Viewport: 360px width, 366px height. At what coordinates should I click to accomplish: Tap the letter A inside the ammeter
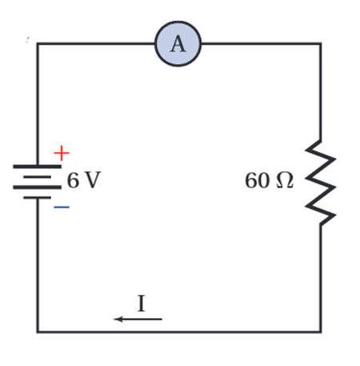coord(178,44)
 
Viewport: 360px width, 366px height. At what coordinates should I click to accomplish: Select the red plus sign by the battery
coord(62,153)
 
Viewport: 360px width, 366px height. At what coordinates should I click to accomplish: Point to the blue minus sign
coord(62,207)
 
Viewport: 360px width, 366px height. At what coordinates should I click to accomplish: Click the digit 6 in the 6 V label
coord(73,180)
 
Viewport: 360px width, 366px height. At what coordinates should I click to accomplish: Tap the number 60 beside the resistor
coord(258,180)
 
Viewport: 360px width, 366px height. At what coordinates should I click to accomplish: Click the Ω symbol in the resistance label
coord(285,180)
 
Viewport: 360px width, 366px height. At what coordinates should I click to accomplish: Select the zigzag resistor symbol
coord(321,183)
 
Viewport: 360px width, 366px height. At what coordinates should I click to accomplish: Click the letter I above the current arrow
coord(142,304)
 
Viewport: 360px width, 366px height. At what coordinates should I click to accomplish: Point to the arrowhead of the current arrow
coord(115,319)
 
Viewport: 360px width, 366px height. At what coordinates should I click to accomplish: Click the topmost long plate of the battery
coord(38,167)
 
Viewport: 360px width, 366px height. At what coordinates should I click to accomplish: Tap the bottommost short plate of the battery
coord(38,198)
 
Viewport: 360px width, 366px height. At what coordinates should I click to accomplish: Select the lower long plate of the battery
coord(38,187)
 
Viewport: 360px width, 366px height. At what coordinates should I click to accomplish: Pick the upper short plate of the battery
coord(38,177)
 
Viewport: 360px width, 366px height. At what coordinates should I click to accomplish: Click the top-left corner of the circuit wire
coord(38,43)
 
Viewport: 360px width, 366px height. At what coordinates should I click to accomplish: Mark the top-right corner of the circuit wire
coord(321,43)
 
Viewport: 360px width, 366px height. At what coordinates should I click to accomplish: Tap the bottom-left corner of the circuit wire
coord(38,332)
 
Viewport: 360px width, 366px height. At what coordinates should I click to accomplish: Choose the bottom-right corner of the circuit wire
coord(321,332)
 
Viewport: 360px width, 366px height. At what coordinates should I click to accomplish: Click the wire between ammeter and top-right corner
coord(261,43)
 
